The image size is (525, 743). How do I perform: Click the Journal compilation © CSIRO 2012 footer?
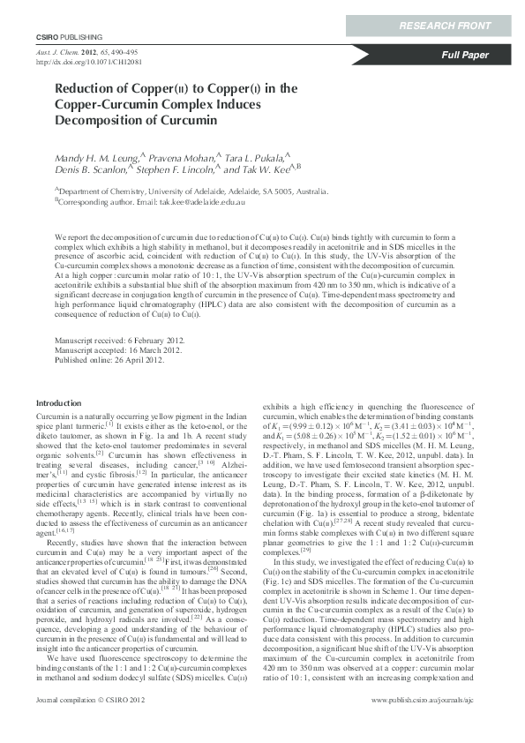[x=86, y=724]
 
